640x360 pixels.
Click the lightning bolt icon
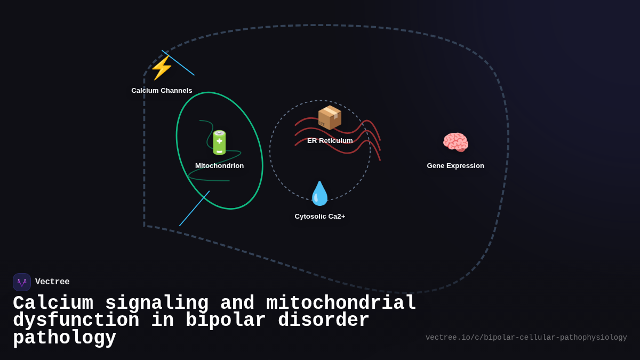pos(161,68)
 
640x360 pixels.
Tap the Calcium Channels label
pos(162,91)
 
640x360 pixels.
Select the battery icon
pos(219,142)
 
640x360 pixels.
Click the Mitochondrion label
pos(219,166)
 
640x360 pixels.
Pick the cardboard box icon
pos(329,117)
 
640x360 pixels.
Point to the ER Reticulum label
pos(330,141)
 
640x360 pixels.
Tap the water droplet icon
pos(319,194)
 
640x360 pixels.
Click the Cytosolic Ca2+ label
pos(319,217)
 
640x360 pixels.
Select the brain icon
pos(455,142)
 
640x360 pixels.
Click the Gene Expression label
pos(455,166)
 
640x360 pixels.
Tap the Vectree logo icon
pos(22,282)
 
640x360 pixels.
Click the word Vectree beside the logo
pos(52,282)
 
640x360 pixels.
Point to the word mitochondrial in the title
pos(341,303)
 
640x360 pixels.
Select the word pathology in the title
pos(65,338)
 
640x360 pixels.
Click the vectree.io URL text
pos(526,338)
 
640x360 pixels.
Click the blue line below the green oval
pos(194,209)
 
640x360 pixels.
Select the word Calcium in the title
pos(53,303)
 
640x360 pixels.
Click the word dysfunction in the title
pos(76,321)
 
